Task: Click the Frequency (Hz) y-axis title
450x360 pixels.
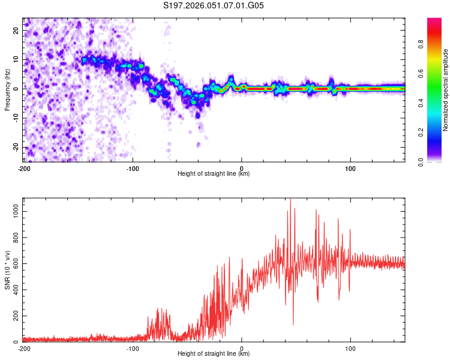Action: click(7, 90)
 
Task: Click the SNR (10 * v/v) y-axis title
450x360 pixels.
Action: click(7, 270)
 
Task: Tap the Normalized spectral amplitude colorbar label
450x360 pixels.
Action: click(446, 90)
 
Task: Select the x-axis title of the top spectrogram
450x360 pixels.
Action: click(214, 173)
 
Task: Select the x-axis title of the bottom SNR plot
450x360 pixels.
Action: click(214, 353)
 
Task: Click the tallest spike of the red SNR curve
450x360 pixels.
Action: click(290, 199)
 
